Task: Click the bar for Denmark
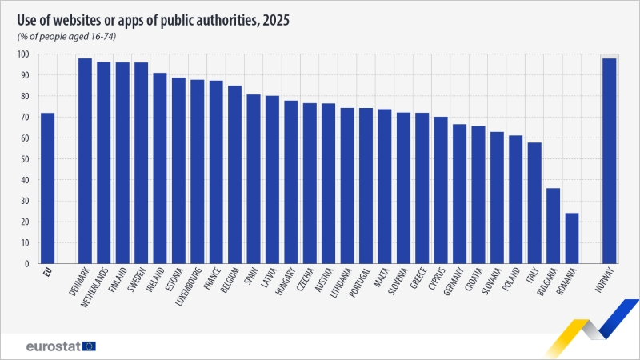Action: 85,160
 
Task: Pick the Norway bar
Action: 610,160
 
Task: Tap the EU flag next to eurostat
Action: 89,346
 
